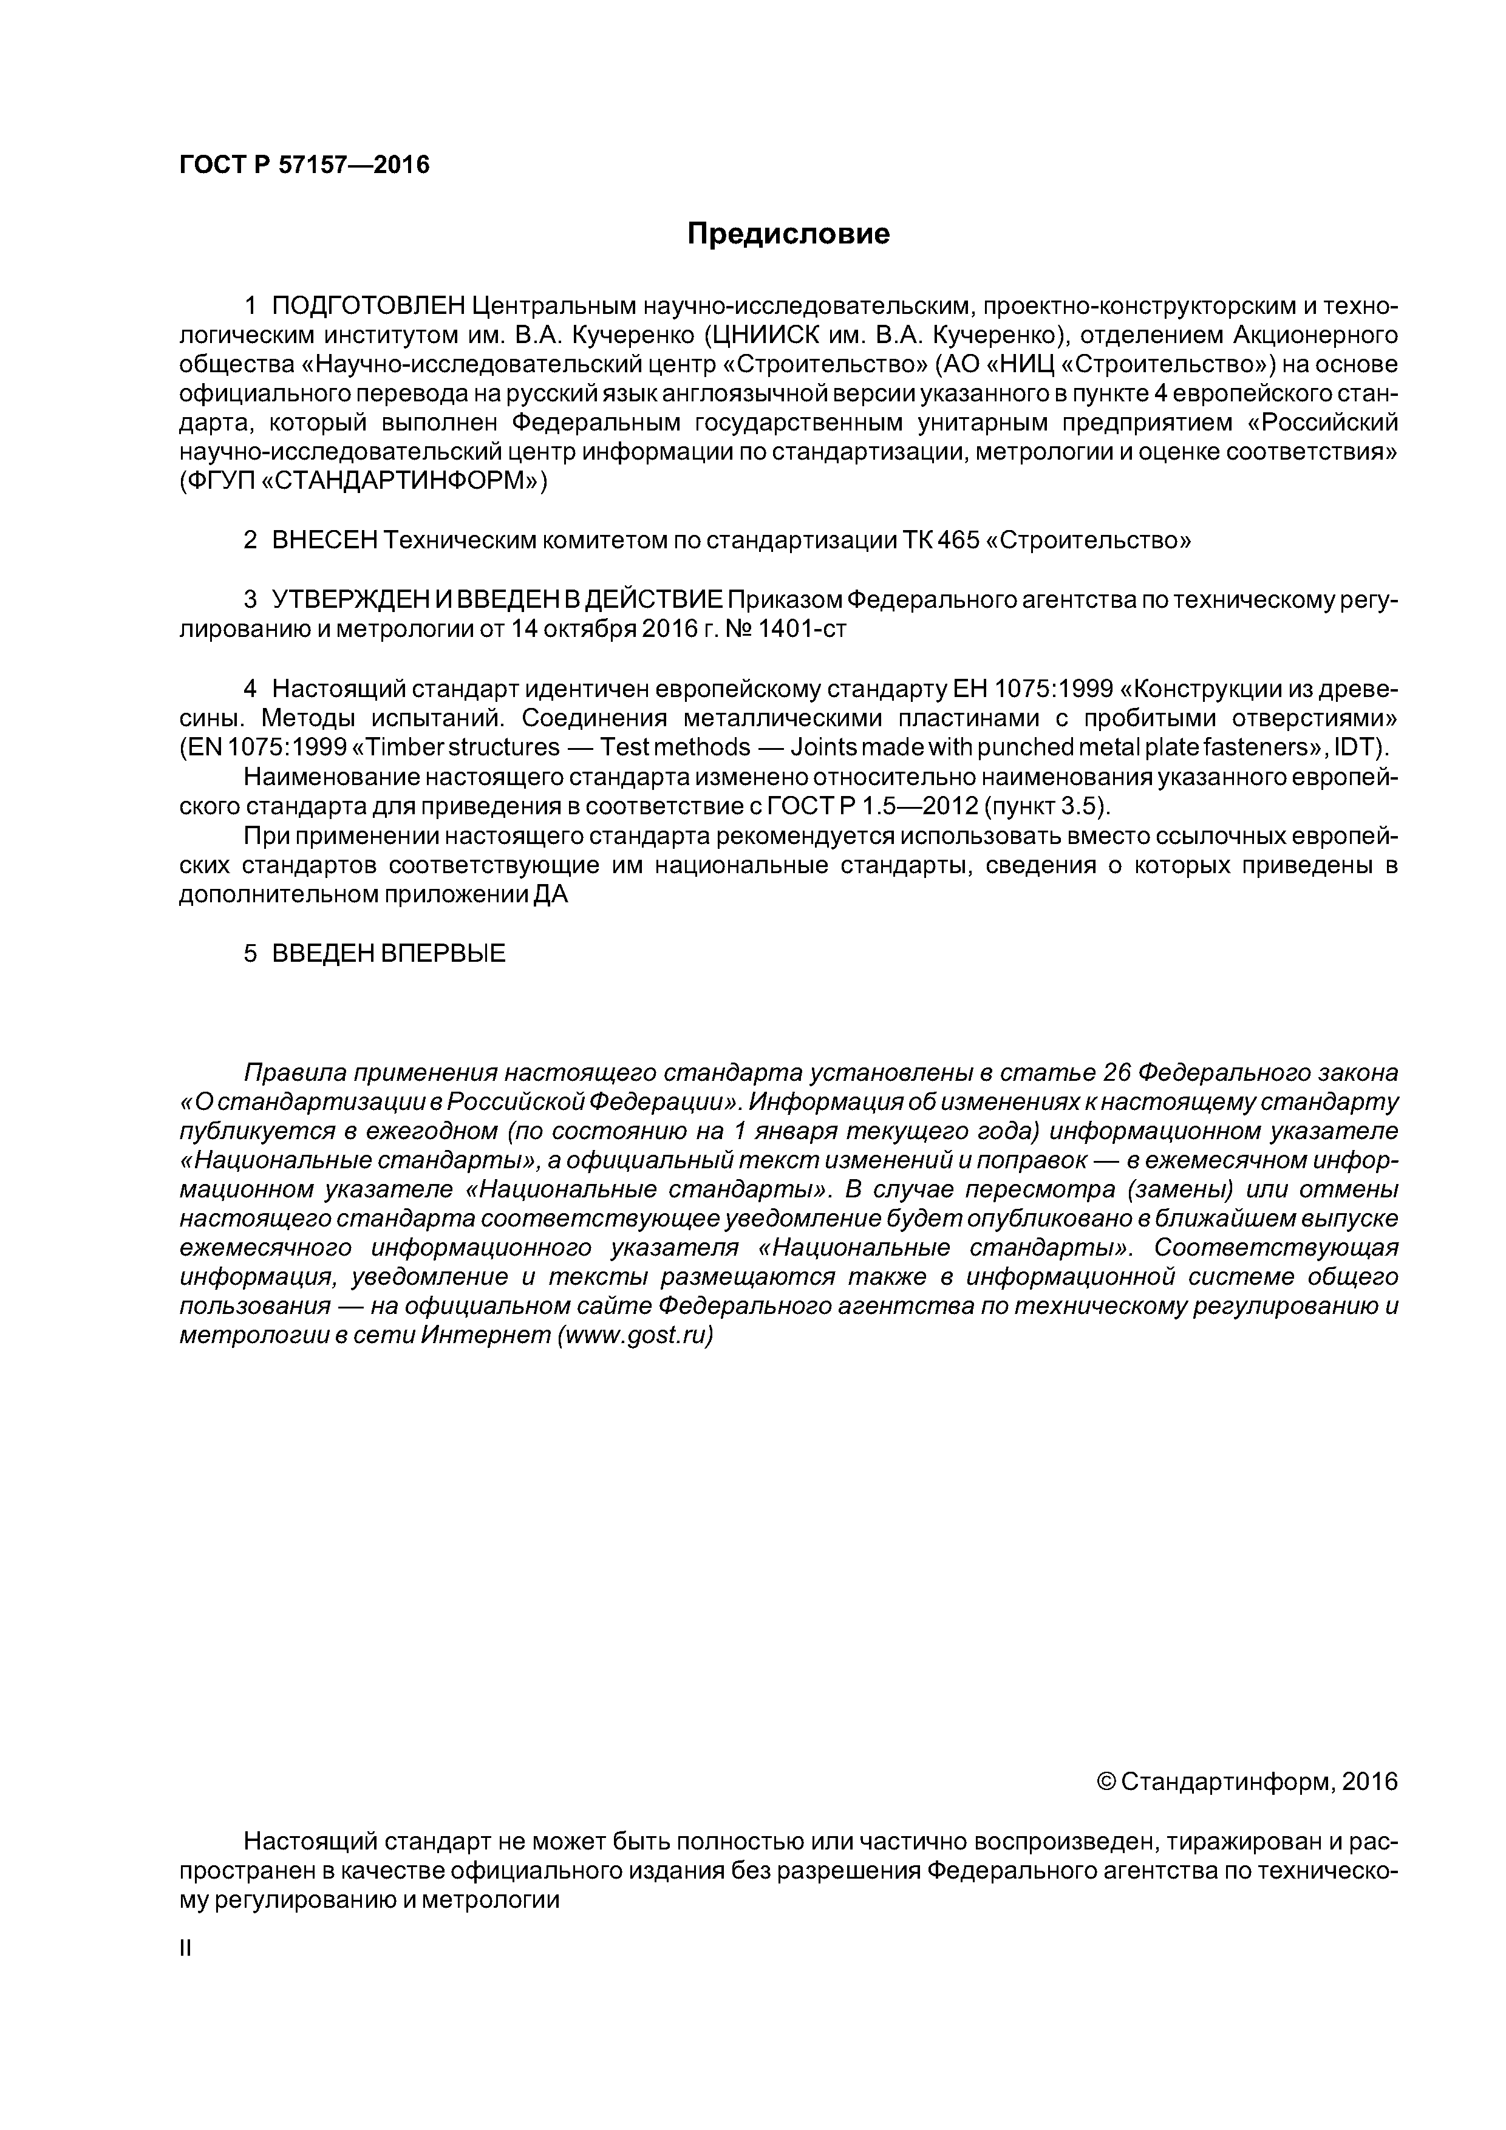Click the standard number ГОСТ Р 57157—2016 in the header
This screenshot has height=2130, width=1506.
tap(304, 165)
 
